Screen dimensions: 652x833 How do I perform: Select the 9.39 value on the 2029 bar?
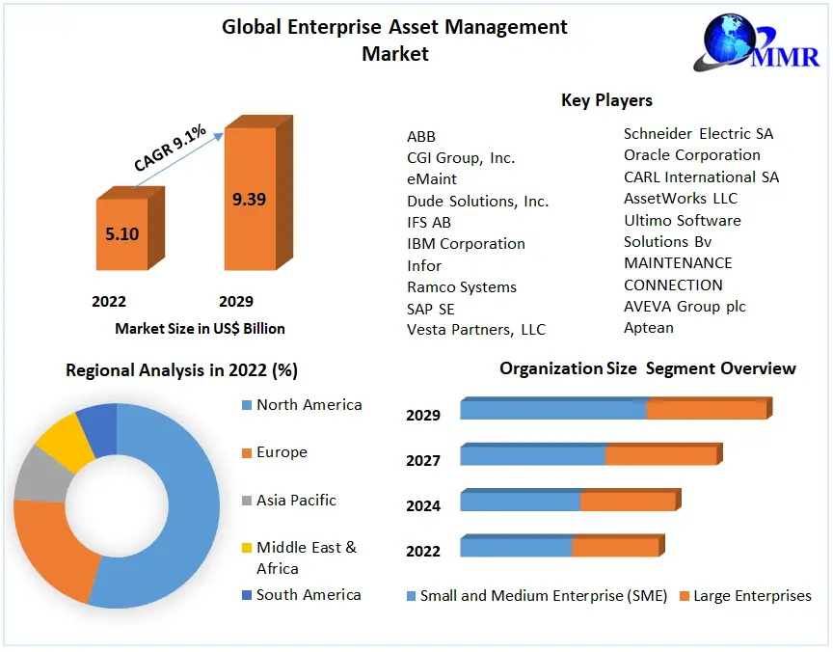[249, 200]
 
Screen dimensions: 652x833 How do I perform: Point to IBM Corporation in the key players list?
[466, 244]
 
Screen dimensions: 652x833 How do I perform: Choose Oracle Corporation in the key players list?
[691, 155]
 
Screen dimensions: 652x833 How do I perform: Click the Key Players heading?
[606, 100]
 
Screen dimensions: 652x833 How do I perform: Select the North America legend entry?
[309, 405]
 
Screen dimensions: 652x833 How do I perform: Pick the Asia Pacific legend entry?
[296, 501]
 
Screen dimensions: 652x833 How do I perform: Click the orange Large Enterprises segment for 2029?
[706, 410]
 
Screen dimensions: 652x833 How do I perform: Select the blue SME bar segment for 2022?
[516, 548]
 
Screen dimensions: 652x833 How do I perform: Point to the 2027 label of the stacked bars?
[423, 461]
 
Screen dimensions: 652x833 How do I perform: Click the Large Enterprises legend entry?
[752, 596]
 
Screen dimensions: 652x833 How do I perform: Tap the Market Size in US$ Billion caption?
[200, 329]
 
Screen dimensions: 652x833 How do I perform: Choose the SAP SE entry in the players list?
[430, 309]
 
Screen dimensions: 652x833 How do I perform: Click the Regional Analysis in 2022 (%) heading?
[180, 370]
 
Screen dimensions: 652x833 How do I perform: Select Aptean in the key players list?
[648, 328]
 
